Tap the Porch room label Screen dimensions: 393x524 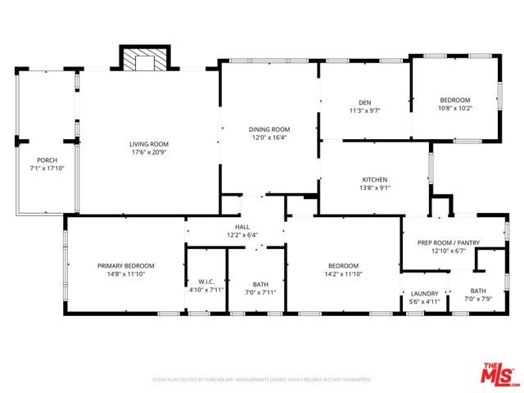(x=47, y=160)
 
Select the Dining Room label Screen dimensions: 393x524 (x=269, y=129)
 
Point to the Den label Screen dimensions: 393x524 (x=365, y=102)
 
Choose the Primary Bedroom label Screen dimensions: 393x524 (x=125, y=265)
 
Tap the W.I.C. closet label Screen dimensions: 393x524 (x=206, y=282)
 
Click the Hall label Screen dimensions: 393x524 (x=242, y=227)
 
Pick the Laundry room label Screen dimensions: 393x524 (x=424, y=293)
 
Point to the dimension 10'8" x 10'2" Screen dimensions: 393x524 (x=455, y=108)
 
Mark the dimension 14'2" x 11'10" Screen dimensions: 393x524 (x=343, y=274)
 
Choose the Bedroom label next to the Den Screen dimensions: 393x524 (x=455, y=99)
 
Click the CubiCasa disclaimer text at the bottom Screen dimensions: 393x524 (x=262, y=380)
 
